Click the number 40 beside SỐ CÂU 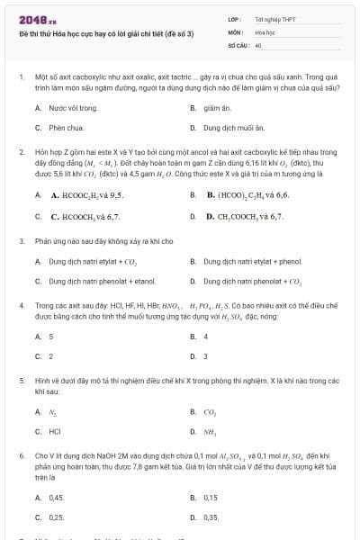[258, 44]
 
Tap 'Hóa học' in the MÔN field [265, 31]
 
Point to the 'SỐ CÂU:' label [238, 44]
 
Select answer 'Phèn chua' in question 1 [66, 128]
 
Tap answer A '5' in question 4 [51, 337]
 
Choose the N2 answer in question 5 [53, 411]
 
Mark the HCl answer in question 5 [55, 431]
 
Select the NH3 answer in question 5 [210, 431]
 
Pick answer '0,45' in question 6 [57, 498]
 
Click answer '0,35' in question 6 [211, 517]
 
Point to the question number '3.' [22, 241]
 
